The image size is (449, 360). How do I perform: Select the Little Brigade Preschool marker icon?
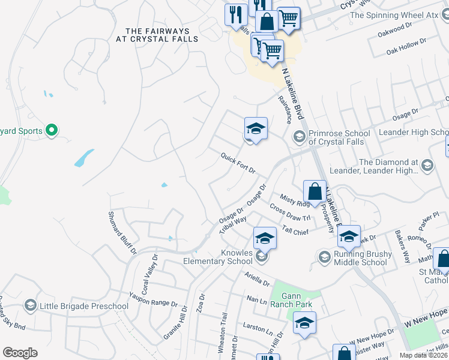point(30,306)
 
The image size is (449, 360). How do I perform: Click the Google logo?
point(20,352)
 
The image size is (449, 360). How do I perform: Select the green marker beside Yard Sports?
point(52,130)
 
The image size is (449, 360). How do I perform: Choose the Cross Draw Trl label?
point(290,213)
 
